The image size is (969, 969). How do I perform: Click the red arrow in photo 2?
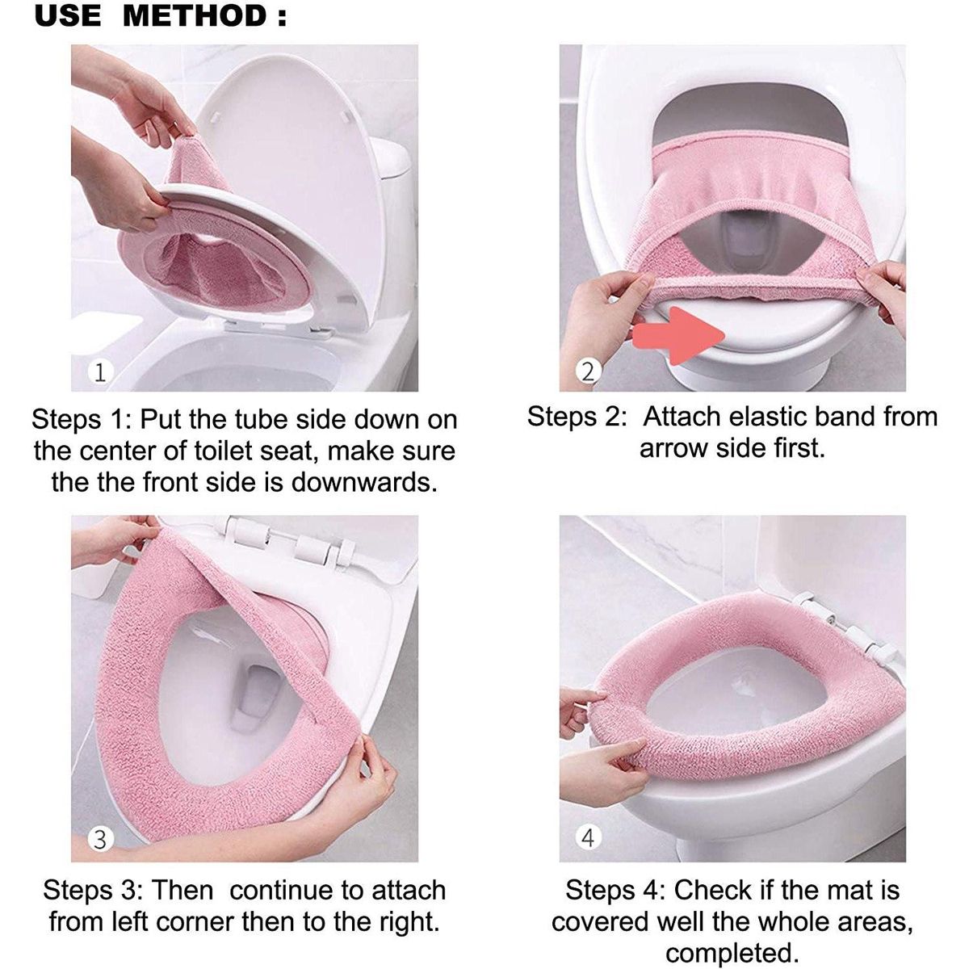click(678, 335)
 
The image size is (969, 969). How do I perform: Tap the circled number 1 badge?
click(99, 372)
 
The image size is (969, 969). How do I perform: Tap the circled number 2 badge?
click(588, 372)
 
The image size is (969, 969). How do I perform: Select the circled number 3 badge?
click(99, 839)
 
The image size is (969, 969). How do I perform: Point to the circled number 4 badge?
click(588, 837)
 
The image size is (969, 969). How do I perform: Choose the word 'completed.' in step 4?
click(732, 952)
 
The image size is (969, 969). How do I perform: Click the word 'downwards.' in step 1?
click(364, 482)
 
